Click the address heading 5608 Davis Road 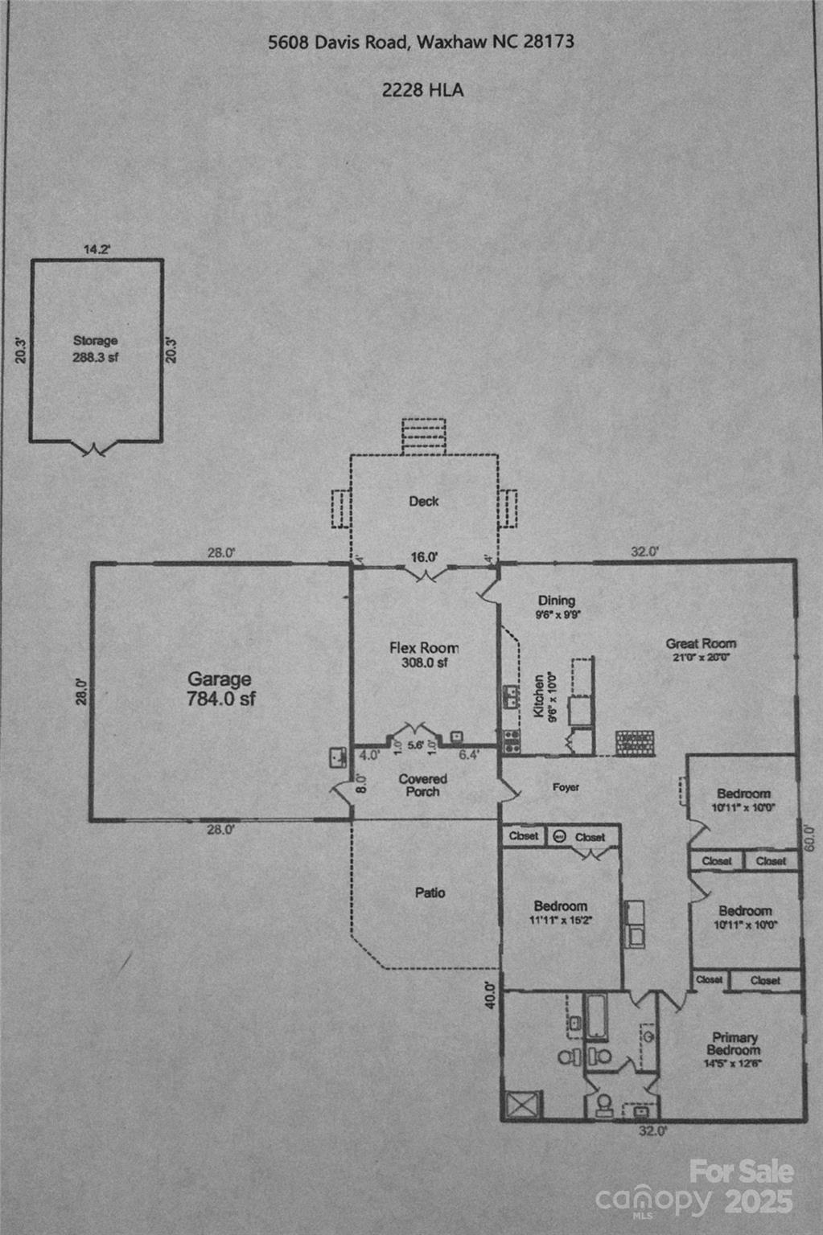tap(421, 42)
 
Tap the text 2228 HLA tap(422, 90)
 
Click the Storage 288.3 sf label tap(96, 349)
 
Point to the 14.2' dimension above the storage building tap(97, 249)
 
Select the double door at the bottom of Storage tap(96, 449)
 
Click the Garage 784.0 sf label tap(220, 689)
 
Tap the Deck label tap(424, 501)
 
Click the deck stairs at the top tap(424, 436)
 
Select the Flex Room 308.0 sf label tap(424, 654)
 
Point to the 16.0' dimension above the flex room tap(424, 556)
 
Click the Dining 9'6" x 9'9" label tap(557, 606)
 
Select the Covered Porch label tap(423, 785)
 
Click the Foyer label tap(566, 787)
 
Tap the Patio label tap(430, 892)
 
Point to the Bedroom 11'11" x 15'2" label tap(561, 912)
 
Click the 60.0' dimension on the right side tap(809, 839)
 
